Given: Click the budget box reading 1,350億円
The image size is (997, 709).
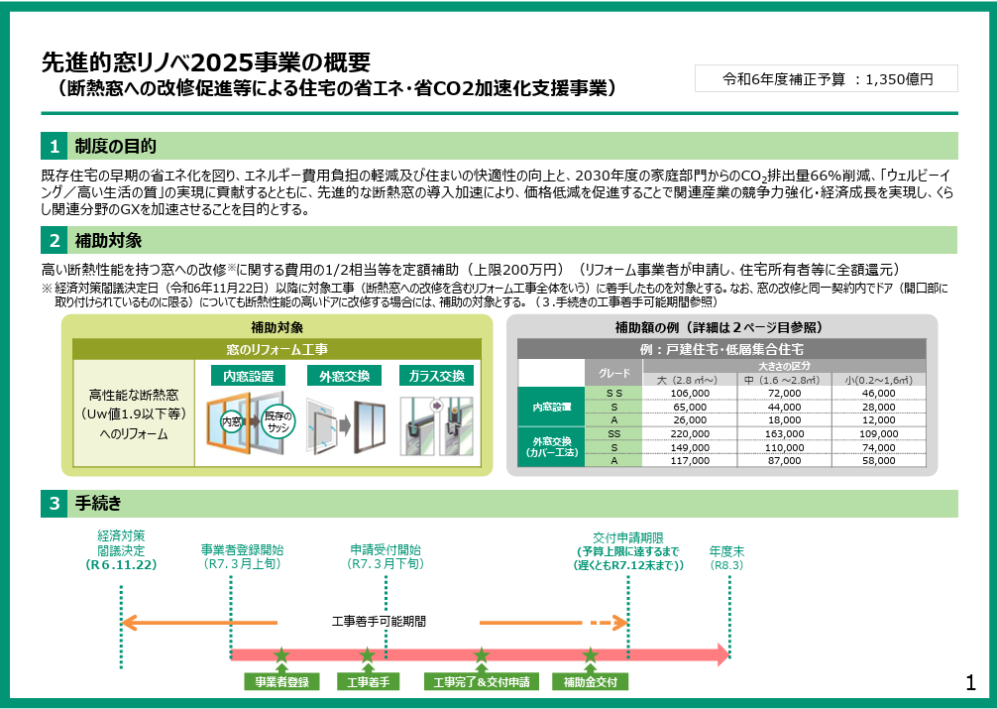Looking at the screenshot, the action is click(x=826, y=79).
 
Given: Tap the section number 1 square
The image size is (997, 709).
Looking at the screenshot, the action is click(x=55, y=146).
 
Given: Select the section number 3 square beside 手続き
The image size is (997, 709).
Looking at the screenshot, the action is click(x=55, y=504).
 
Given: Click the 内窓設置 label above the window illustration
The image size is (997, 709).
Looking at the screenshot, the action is click(x=248, y=376).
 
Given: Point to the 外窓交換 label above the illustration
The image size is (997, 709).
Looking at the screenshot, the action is click(x=344, y=376).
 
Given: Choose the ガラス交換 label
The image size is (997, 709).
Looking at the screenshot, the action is click(x=436, y=376).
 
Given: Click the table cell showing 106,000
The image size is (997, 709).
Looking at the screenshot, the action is click(x=690, y=394).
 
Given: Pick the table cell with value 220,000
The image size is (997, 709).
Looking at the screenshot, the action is click(x=690, y=434).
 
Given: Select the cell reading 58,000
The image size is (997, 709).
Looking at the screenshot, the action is click(x=879, y=460).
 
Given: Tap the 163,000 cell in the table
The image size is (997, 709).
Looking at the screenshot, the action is click(x=784, y=434).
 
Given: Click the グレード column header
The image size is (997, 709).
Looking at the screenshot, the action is click(x=614, y=373).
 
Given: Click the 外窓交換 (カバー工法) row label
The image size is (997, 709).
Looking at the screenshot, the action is click(x=552, y=447).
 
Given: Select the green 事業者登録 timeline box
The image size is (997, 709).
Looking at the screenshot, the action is click(x=281, y=681).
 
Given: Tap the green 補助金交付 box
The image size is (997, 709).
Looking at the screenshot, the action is click(x=591, y=681).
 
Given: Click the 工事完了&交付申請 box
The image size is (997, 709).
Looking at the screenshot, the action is click(x=482, y=681).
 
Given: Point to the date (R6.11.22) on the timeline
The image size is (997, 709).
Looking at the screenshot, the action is click(x=121, y=564).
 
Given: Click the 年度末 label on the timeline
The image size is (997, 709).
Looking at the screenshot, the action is click(x=726, y=551).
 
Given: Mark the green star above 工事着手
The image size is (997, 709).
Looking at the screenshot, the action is click(x=367, y=654).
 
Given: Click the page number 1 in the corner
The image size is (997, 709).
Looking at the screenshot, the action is click(x=970, y=683).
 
